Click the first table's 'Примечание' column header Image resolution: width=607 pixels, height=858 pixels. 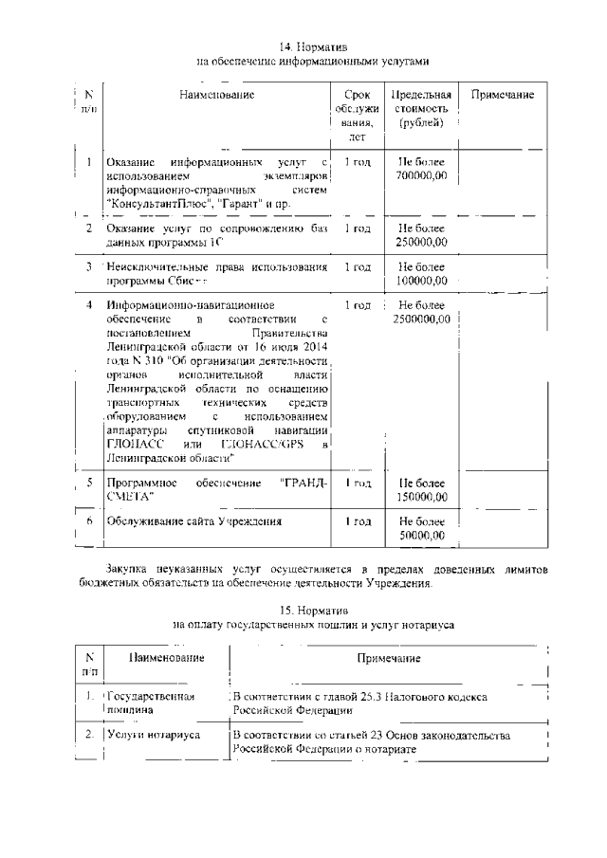[x=502, y=95]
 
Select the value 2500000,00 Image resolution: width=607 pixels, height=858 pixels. [x=421, y=319]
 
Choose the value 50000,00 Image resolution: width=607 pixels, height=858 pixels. [x=422, y=536]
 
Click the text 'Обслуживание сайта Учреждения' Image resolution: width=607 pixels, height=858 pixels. [x=194, y=522]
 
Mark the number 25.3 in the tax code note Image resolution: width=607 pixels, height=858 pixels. [x=379, y=697]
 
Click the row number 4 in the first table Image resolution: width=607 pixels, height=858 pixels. [x=88, y=305]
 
